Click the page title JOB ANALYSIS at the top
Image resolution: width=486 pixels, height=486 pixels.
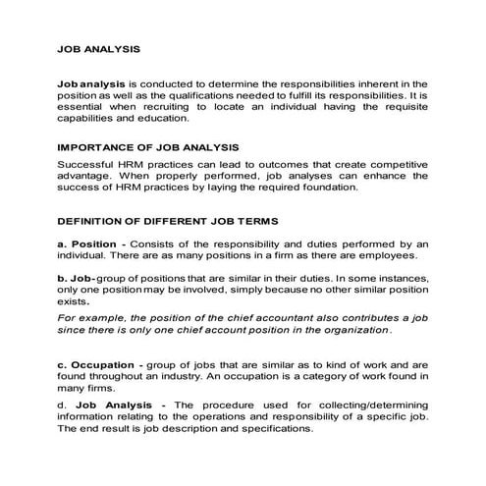point(99,46)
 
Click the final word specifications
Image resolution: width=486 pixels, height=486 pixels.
point(276,428)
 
